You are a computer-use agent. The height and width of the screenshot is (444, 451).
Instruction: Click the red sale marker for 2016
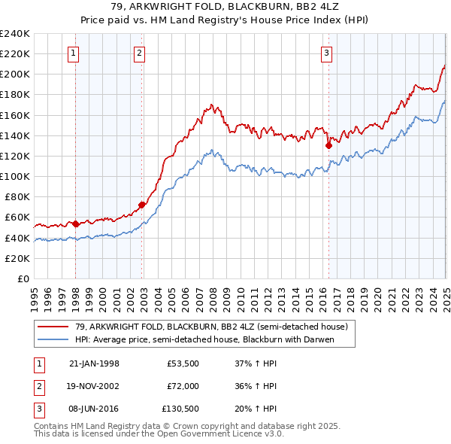pos(328,145)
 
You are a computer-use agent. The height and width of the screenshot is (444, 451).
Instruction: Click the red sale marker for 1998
pos(75,224)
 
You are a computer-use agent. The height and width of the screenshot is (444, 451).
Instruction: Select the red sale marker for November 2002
pos(142,205)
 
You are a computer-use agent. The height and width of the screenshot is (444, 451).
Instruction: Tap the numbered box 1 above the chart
pos(74,53)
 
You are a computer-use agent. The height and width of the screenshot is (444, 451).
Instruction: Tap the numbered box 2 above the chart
pos(141,53)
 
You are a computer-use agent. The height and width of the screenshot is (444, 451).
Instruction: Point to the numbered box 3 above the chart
pos(327,53)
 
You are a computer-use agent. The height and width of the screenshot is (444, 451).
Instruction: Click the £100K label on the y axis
pos(15,176)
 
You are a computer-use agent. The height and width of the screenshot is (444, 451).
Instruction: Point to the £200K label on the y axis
pos(15,75)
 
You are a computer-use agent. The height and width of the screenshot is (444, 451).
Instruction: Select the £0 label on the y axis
pos(22,278)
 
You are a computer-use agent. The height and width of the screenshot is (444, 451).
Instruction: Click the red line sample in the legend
pos(53,327)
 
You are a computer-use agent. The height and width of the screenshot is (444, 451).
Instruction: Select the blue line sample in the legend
pos(53,339)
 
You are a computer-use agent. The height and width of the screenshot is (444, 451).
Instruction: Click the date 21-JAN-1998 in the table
pos(94,363)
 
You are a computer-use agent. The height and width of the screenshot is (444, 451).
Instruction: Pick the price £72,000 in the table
pos(183,386)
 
